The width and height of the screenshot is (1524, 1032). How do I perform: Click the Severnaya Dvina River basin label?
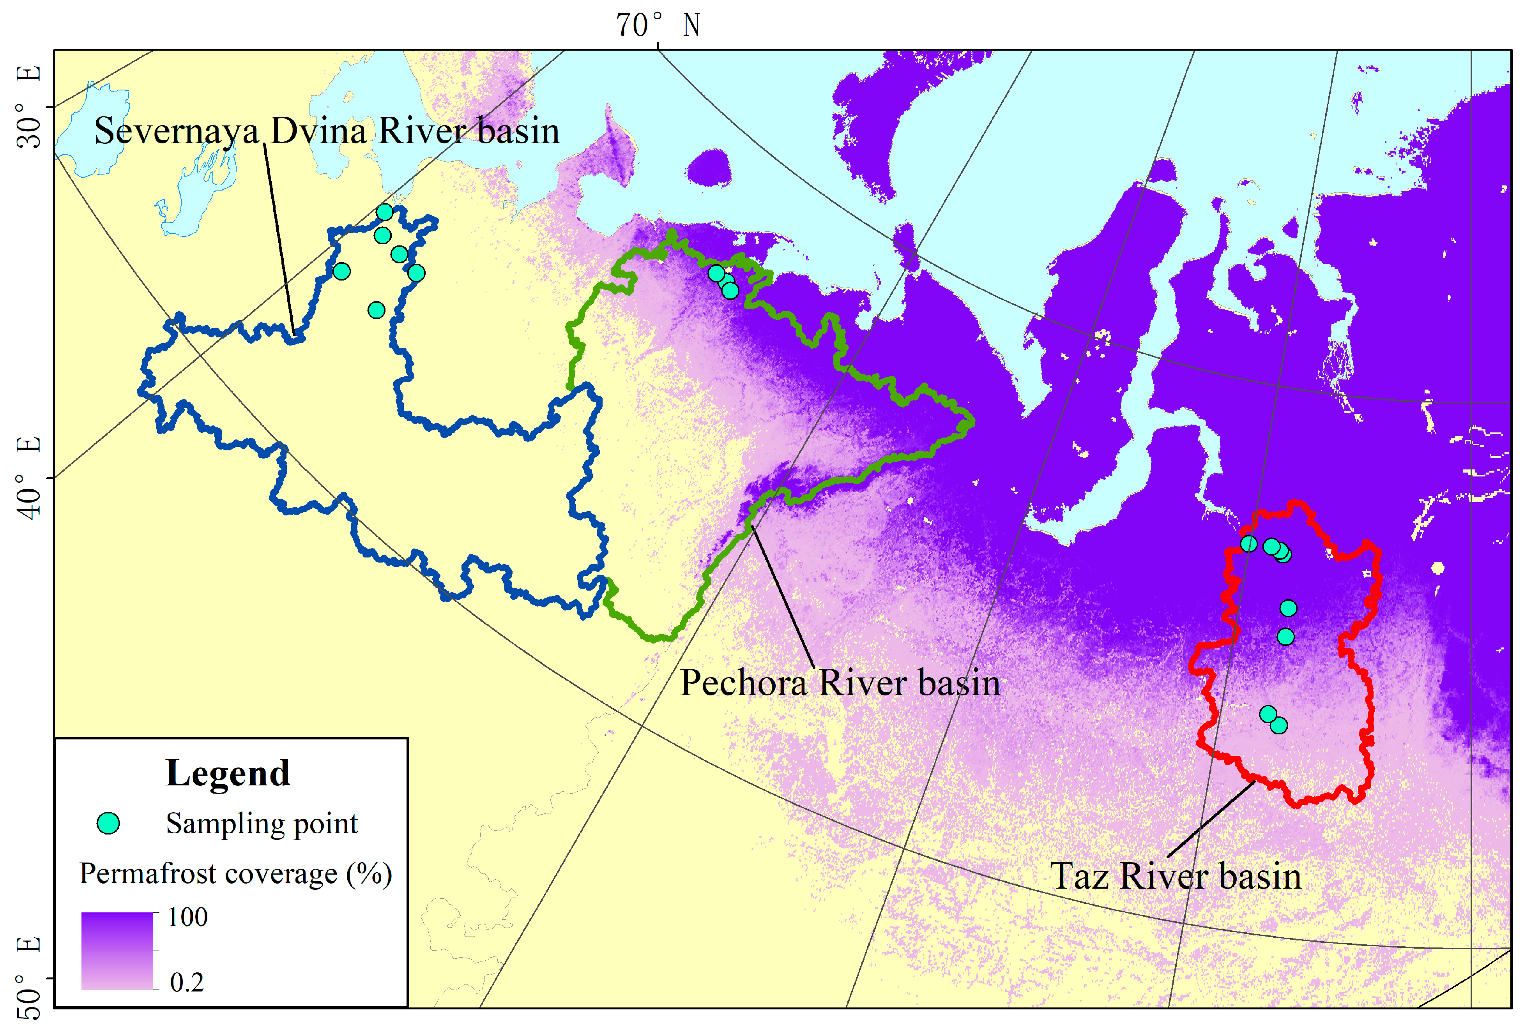(327, 131)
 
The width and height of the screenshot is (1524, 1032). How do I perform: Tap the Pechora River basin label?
(840, 683)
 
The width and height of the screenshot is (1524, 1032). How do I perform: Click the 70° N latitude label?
(658, 26)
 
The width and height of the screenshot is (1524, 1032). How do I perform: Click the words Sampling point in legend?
(262, 824)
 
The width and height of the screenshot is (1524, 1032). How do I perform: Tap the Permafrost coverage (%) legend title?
(235, 874)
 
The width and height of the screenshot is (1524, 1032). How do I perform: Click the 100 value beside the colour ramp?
(187, 917)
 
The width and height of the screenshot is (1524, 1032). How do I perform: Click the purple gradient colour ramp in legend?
(117, 950)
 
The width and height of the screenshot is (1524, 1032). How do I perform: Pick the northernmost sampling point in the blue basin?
(385, 212)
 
